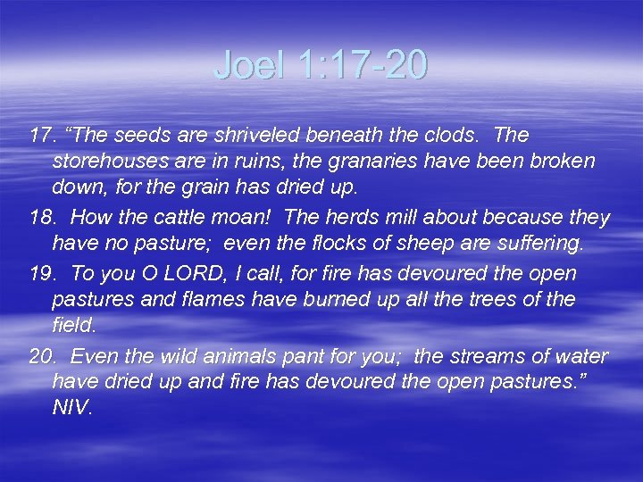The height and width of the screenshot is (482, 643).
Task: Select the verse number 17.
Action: click(41, 136)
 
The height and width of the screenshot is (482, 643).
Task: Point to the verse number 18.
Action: click(41, 218)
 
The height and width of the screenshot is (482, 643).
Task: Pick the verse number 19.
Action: click(41, 273)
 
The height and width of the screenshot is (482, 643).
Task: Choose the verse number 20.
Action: click(41, 356)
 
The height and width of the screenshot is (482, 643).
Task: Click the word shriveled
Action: click(260, 136)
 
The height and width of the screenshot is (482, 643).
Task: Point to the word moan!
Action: click(246, 218)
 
